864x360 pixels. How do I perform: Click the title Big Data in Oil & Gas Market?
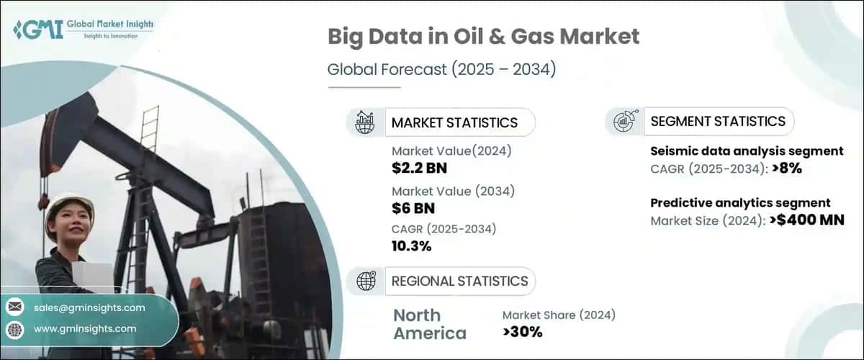pos(483,37)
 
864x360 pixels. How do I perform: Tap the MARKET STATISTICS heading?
pos(454,122)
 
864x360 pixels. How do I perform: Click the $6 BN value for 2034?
pos(412,208)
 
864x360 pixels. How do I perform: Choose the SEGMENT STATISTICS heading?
pos(718,122)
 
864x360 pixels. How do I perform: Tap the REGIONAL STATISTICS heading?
pos(459,281)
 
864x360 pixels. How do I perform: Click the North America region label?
pos(430,324)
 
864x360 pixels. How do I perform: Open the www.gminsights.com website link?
pos(85,328)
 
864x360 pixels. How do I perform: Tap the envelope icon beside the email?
pos(15,307)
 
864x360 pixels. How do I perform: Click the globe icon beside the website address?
pos(15,329)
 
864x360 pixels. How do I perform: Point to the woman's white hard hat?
pos(69,204)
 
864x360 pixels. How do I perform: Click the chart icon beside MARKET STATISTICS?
pos(364,122)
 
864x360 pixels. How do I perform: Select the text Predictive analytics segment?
pos(740,203)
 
